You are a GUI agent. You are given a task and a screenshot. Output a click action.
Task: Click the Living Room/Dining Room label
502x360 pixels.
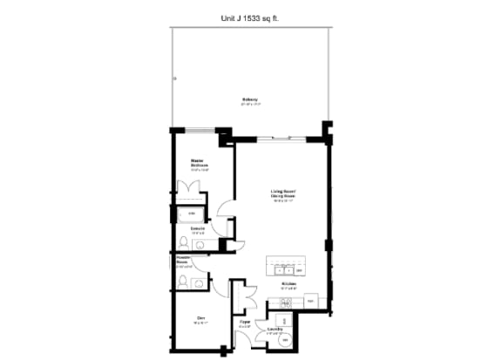(x=281, y=195)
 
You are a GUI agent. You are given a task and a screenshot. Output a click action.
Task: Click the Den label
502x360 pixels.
(x=200, y=317)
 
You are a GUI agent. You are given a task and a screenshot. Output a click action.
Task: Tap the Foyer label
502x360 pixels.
(x=245, y=323)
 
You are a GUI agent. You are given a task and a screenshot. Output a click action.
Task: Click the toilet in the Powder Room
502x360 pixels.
(x=184, y=282)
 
